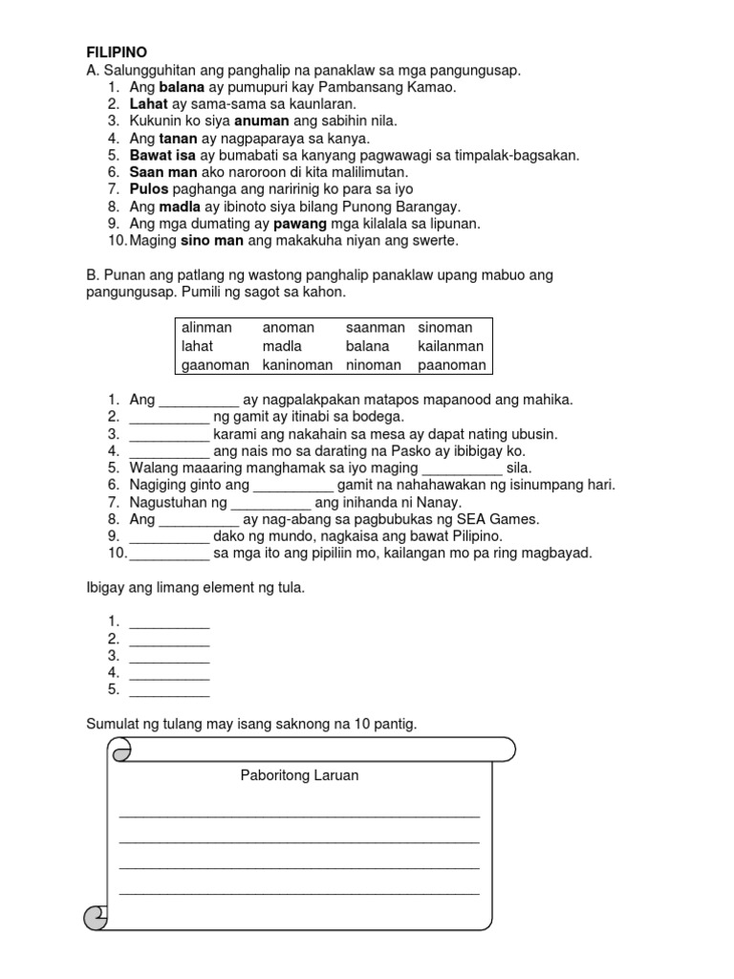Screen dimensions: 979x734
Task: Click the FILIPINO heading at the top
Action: pyautogui.click(x=117, y=52)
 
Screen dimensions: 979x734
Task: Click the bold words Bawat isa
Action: pyautogui.click(x=162, y=155)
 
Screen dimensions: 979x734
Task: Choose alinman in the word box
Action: pyautogui.click(x=207, y=328)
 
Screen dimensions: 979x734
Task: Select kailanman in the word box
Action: pyautogui.click(x=450, y=346)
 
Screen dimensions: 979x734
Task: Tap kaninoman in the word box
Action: pyautogui.click(x=297, y=364)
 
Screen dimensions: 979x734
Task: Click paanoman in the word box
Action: pyautogui.click(x=451, y=364)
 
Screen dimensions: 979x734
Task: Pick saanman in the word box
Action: pyautogui.click(x=375, y=328)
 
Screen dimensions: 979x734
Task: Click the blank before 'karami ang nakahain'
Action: pyautogui.click(x=168, y=434)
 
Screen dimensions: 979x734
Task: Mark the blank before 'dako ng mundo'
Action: pyautogui.click(x=168, y=537)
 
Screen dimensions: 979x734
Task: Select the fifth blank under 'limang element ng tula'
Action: pyautogui.click(x=168, y=690)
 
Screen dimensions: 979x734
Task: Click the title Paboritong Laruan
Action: pyautogui.click(x=299, y=775)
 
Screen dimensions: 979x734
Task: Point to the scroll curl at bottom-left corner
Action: pyautogui.click(x=97, y=919)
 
